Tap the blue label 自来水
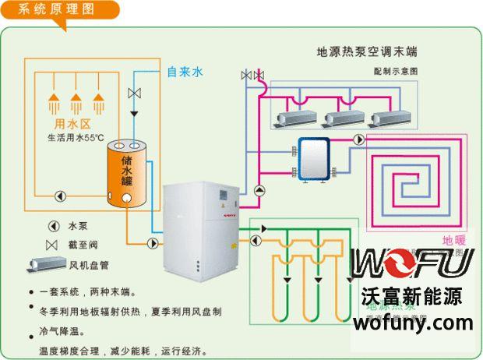(185, 72)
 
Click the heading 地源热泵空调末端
(366, 52)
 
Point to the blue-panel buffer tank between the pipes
(316, 159)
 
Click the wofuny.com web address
(417, 323)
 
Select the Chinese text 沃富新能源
(412, 297)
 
